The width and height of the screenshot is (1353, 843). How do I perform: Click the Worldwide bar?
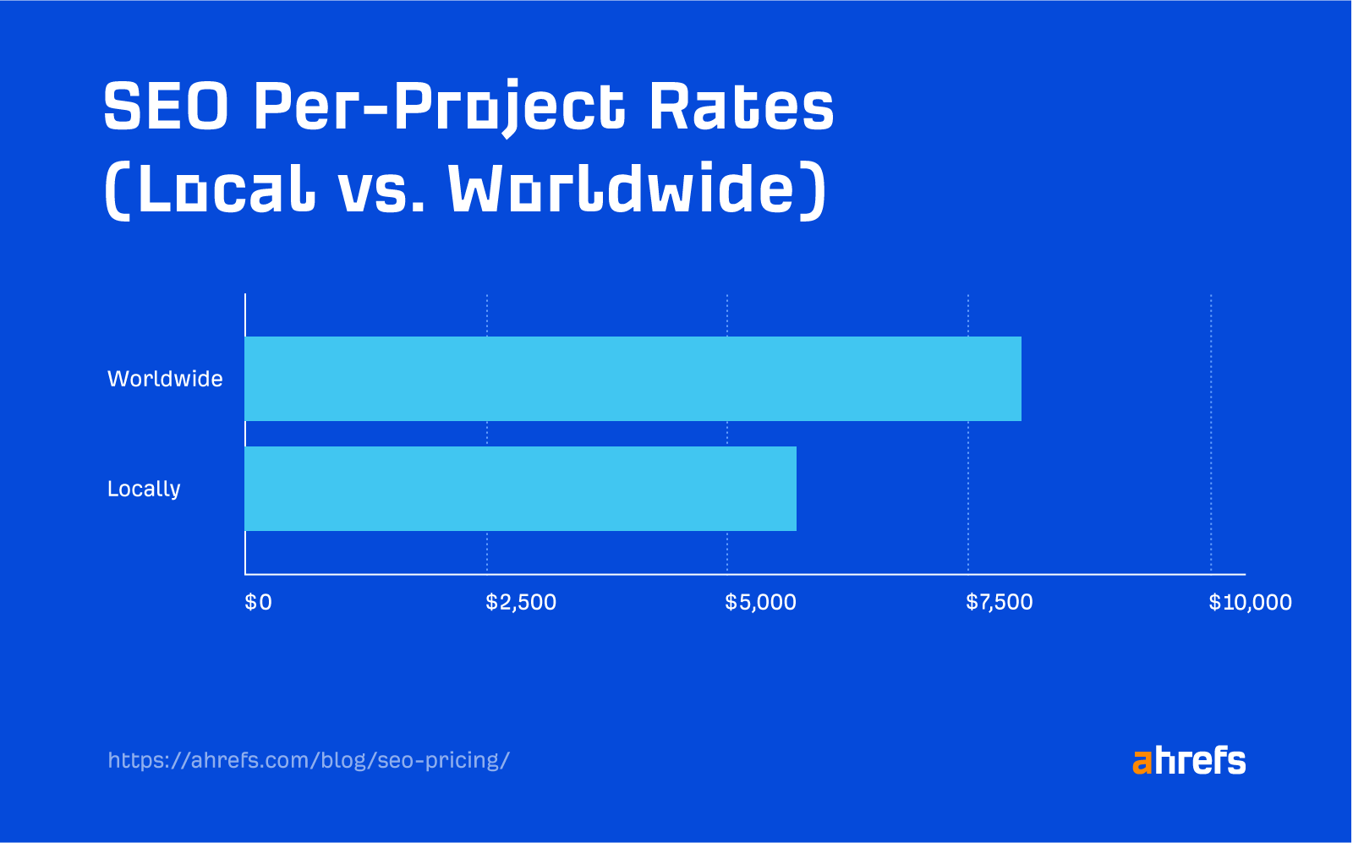point(633,379)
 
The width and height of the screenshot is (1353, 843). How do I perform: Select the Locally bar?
point(520,489)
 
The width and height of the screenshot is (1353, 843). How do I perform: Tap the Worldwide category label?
point(165,379)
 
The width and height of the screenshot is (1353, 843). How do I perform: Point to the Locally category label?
point(144,490)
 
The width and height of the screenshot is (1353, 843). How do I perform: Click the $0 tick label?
point(258,602)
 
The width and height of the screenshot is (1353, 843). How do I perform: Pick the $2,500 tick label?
point(521,602)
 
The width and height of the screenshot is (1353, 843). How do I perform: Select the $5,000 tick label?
point(760,602)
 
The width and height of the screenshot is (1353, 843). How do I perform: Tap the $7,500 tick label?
point(1000,602)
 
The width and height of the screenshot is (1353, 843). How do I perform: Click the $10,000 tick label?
point(1250,602)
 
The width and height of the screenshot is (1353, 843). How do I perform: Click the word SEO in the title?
point(166,107)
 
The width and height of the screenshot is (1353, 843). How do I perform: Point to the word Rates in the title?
point(741,107)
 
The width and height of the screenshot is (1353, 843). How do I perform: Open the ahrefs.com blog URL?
point(309,760)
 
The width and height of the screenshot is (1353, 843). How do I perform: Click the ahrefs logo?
point(1189,761)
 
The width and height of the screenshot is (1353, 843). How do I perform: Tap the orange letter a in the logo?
point(1142,764)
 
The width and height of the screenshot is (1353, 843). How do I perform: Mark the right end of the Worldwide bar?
point(1020,379)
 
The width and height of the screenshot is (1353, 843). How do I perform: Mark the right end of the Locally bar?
point(795,489)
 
